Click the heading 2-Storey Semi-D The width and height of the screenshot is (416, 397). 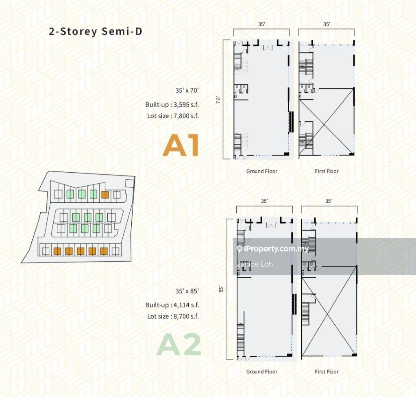[x=96, y=31]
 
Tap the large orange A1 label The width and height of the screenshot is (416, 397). [x=181, y=145]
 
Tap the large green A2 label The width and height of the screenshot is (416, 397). [x=179, y=344]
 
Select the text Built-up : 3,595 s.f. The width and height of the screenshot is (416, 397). [x=172, y=104]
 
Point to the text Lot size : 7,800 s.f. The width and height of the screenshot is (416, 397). [x=173, y=116]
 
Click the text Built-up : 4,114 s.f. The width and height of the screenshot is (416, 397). [x=172, y=305]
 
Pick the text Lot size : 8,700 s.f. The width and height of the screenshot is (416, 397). [x=173, y=316]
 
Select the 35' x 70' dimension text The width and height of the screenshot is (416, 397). [x=187, y=90]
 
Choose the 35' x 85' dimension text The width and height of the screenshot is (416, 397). [x=187, y=291]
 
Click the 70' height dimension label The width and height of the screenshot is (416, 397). [x=218, y=100]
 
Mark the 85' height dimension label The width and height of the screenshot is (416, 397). [x=221, y=289]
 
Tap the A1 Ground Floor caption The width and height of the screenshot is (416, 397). [x=262, y=171]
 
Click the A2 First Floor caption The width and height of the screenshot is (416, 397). [x=327, y=371]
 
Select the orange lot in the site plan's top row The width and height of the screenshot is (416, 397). [x=105, y=195]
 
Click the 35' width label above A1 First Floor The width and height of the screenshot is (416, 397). [x=327, y=24]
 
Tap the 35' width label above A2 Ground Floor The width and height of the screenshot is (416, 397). [x=264, y=201]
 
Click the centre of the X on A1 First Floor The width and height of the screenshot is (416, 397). [x=327, y=121]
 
